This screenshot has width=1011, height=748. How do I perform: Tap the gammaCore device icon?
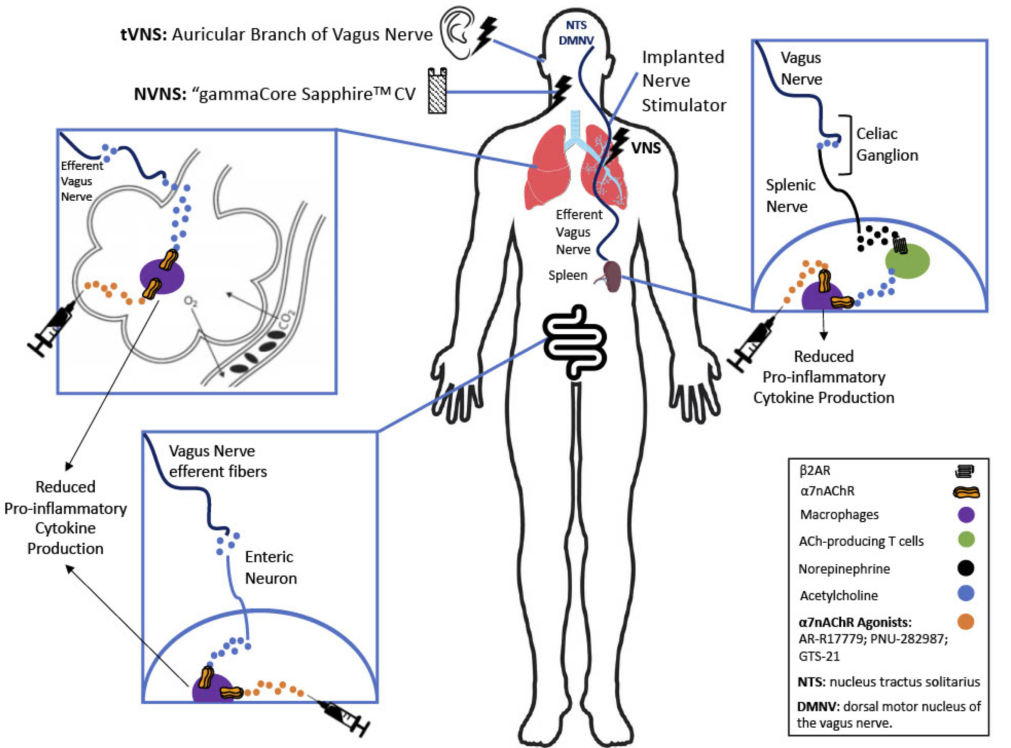[437, 91]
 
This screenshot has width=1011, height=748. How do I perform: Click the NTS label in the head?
[576, 25]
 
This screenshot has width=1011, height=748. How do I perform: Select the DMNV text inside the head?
[576, 41]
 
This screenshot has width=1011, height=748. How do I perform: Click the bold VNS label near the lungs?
[646, 148]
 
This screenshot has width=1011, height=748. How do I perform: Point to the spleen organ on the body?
[613, 276]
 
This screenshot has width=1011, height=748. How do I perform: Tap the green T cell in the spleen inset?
[907, 261]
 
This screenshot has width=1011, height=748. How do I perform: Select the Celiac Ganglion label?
[887, 144]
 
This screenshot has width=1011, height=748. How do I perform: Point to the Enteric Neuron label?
[271, 567]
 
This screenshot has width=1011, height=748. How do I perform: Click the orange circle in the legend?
[966, 622]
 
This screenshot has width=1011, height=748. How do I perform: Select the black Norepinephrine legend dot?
[966, 568]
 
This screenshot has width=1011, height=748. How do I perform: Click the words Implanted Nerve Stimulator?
[684, 81]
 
